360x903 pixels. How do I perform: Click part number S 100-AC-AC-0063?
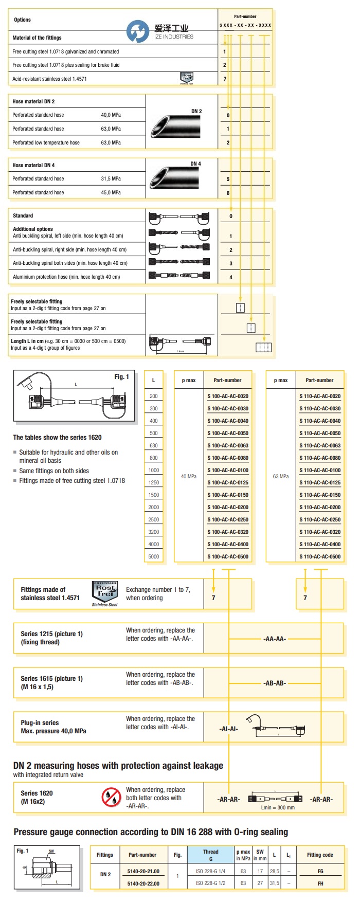point(228,446)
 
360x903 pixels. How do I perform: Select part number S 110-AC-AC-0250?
point(320,520)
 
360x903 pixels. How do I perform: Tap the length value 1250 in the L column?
point(154,483)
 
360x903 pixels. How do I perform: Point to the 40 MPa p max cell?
point(189,477)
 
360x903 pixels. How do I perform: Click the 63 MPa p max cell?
point(281,477)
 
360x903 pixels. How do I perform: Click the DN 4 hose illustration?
point(175,177)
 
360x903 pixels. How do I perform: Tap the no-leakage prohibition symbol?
point(111,797)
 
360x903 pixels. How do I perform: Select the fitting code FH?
point(320,883)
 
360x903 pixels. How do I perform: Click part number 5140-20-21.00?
point(143,872)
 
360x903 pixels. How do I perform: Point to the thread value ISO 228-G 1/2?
point(210,883)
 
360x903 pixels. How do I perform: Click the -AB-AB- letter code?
point(274,683)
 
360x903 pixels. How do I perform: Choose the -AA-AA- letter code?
point(274,639)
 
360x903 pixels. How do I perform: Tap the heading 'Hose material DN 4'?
point(33,166)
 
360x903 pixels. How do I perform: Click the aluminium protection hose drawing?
point(179,276)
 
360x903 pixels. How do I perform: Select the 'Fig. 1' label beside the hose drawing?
point(121,377)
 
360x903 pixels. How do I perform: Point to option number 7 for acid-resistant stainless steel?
point(225,79)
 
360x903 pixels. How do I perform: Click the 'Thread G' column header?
point(210,855)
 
